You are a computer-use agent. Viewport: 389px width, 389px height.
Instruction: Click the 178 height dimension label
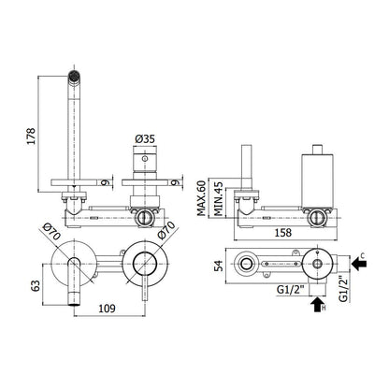coord(32,136)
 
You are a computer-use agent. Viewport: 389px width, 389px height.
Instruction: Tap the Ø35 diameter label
coord(145,139)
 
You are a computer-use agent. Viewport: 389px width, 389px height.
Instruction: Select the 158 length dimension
coord(283,233)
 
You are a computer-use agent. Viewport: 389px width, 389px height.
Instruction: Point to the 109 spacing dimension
coord(107,309)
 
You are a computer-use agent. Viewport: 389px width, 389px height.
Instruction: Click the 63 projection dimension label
coord(36,285)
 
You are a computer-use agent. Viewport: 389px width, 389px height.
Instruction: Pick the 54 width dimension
coord(220,266)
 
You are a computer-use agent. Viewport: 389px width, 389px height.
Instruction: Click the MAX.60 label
coord(201,198)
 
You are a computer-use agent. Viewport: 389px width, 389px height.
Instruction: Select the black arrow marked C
coord(359,264)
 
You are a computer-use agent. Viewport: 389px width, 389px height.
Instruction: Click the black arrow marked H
coord(317,305)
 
